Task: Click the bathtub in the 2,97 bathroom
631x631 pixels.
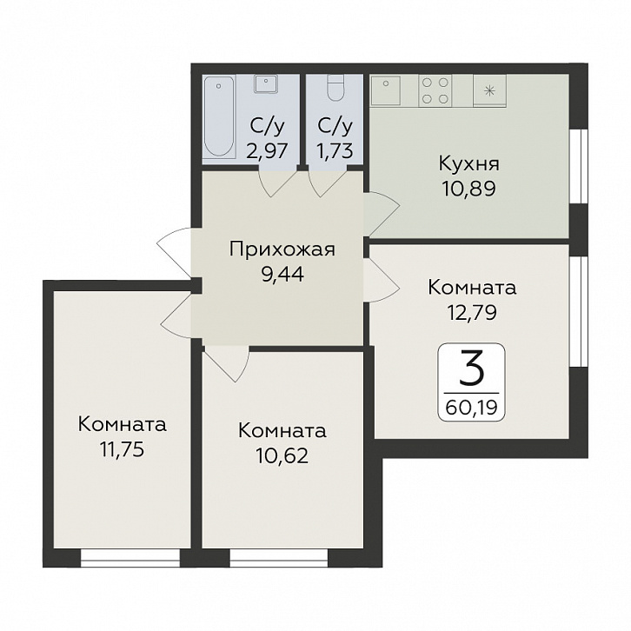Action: [219, 116]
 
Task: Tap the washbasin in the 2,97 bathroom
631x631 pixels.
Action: [266, 83]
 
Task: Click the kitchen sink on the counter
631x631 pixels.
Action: [386, 90]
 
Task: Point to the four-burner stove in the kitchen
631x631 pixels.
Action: [435, 90]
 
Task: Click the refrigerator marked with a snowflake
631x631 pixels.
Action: [489, 90]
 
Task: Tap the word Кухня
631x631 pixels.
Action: [468, 164]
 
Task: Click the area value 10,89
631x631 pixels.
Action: [468, 189]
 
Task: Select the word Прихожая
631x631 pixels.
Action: [282, 250]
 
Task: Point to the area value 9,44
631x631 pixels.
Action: [282, 275]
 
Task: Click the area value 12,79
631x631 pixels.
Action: [472, 312]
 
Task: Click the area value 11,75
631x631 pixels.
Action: [123, 449]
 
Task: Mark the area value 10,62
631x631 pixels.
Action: [282, 455]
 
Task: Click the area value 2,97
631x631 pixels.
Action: [267, 151]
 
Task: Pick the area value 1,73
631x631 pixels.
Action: [335, 151]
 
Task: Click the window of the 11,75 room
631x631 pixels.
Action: [130, 558]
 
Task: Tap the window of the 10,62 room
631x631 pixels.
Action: [279, 558]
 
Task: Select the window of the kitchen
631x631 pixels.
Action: [580, 166]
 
